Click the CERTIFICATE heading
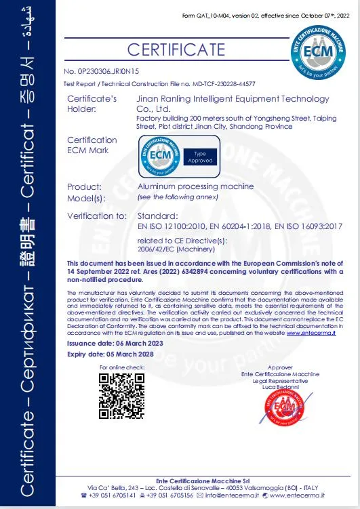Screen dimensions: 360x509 coord(176,49)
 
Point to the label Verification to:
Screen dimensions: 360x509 coord(97,216)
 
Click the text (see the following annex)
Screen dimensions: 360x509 coord(178,197)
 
